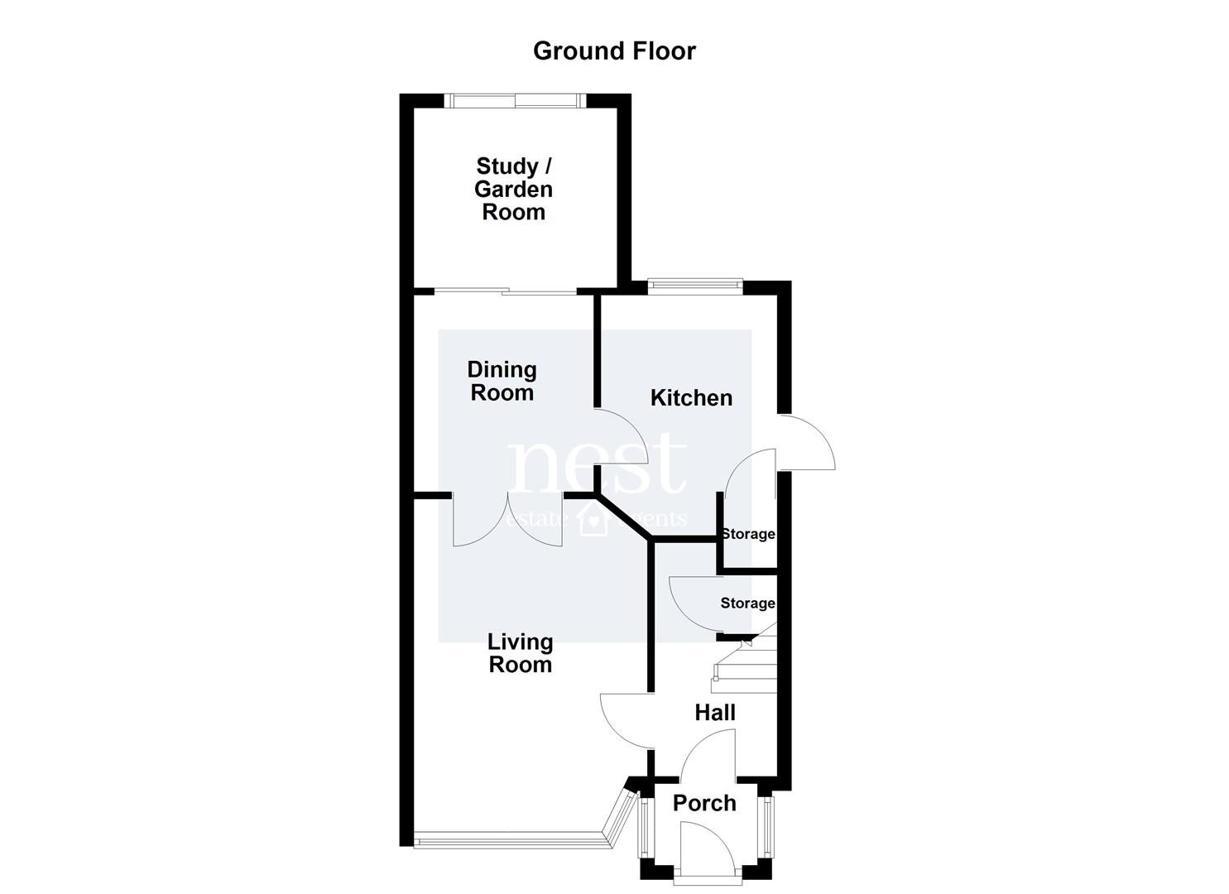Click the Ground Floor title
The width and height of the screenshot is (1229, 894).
click(x=614, y=51)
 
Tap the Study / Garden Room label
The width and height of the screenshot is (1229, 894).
click(x=514, y=189)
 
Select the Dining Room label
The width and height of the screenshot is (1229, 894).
click(x=502, y=381)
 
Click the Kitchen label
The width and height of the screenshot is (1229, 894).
click(x=691, y=398)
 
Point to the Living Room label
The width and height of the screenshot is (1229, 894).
click(x=520, y=653)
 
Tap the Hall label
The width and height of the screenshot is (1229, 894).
click(x=715, y=713)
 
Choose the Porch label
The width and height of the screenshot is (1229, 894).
click(x=704, y=803)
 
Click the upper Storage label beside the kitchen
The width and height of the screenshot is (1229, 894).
click(x=748, y=534)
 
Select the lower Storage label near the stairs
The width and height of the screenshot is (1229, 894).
click(x=748, y=603)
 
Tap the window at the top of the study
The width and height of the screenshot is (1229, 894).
click(x=516, y=100)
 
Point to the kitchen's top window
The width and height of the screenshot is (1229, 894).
click(x=695, y=286)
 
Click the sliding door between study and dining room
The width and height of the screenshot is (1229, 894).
click(x=505, y=292)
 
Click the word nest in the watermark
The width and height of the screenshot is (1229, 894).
click(x=597, y=464)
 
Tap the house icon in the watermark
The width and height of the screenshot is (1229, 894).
click(x=595, y=520)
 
